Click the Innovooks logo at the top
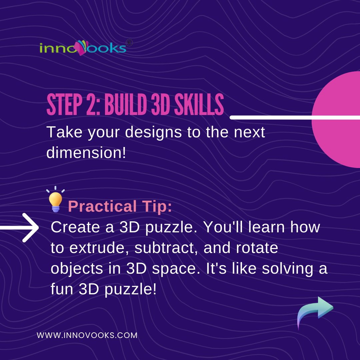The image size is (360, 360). [x=83, y=48]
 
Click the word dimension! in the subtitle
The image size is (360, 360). [x=86, y=152]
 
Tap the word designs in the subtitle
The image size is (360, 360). [x=147, y=133]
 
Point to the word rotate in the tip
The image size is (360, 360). [x=258, y=249]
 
